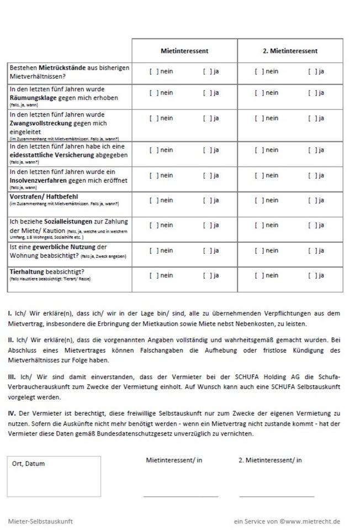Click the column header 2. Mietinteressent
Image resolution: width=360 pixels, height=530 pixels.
(290, 51)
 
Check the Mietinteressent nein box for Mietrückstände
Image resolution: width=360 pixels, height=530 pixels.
(152, 71)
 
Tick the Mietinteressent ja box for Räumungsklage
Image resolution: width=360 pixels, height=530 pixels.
(206, 93)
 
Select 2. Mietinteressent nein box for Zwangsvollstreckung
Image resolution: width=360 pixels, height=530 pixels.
(258, 118)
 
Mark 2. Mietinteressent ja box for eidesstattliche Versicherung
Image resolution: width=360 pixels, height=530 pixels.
(311, 150)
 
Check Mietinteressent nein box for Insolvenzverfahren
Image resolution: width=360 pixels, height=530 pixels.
(152, 176)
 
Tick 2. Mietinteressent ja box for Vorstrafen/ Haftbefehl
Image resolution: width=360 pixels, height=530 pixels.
(311, 200)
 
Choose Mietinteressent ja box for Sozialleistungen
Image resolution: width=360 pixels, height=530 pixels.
(206, 225)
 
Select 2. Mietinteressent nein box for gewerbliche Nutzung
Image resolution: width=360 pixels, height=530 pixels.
(258, 251)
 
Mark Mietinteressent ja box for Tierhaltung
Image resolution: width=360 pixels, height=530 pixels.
(206, 275)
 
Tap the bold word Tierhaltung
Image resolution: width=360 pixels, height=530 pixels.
(27, 272)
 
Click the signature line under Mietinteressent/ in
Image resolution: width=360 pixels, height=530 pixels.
(181, 496)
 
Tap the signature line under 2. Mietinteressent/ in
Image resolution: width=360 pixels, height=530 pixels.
(276, 496)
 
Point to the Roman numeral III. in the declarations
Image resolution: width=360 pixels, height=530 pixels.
(12, 377)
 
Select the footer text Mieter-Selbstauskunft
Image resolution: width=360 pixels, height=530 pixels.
(40, 521)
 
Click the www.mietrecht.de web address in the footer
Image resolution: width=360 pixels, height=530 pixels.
(313, 521)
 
